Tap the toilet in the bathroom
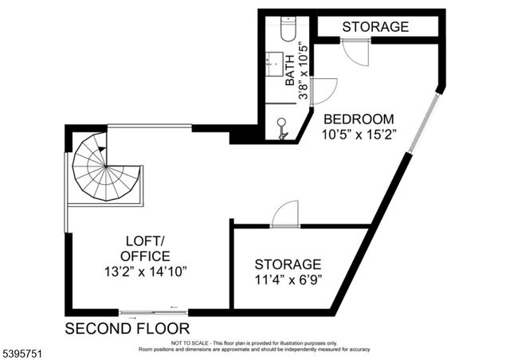click(x=288, y=29)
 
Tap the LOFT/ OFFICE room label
click(x=145, y=248)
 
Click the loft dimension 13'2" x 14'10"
click(x=145, y=272)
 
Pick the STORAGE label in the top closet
click(x=375, y=26)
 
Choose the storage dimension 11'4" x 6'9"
click(x=288, y=280)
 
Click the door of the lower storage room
click(x=284, y=214)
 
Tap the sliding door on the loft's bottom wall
click(x=148, y=311)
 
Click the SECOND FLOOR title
click(x=127, y=328)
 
